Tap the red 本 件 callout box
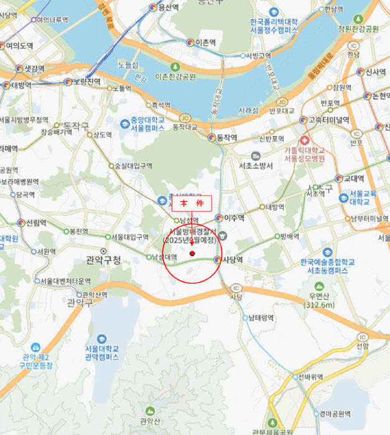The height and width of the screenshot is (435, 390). click(192, 204)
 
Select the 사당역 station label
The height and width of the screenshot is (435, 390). click(231, 260)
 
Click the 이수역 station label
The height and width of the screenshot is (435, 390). click(234, 217)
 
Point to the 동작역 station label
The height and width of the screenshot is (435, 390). click(227, 138)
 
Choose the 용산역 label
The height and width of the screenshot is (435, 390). click(169, 7)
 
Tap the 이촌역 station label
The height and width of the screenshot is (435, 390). click(205, 42)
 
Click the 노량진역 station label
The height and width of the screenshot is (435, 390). click(86, 81)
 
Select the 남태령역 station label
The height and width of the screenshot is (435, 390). click(261, 318)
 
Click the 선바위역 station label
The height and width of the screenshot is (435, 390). click(309, 377)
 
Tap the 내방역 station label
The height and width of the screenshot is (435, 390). click(275, 207)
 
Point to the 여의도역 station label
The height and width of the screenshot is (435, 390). click(19, 45)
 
